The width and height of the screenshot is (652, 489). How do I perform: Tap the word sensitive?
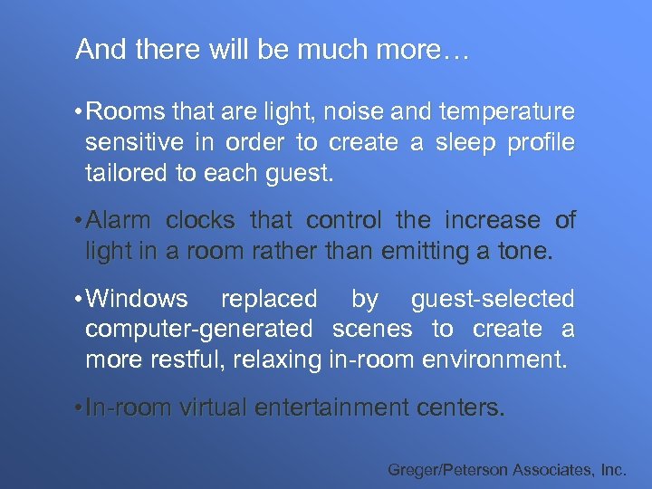point(138,142)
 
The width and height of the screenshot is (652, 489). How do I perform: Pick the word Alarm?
point(120,221)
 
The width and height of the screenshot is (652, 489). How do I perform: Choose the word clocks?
point(199,221)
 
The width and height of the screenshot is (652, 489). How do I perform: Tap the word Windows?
point(137,299)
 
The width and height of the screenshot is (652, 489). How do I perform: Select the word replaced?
point(269,299)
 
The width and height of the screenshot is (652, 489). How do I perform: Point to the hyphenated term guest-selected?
point(493,299)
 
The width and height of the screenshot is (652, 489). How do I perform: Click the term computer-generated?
point(198,330)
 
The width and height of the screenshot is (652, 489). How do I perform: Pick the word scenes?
point(372,330)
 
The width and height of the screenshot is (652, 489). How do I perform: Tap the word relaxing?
point(276,360)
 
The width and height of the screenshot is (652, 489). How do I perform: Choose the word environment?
point(494,360)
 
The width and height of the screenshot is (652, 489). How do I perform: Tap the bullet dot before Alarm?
point(80,221)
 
